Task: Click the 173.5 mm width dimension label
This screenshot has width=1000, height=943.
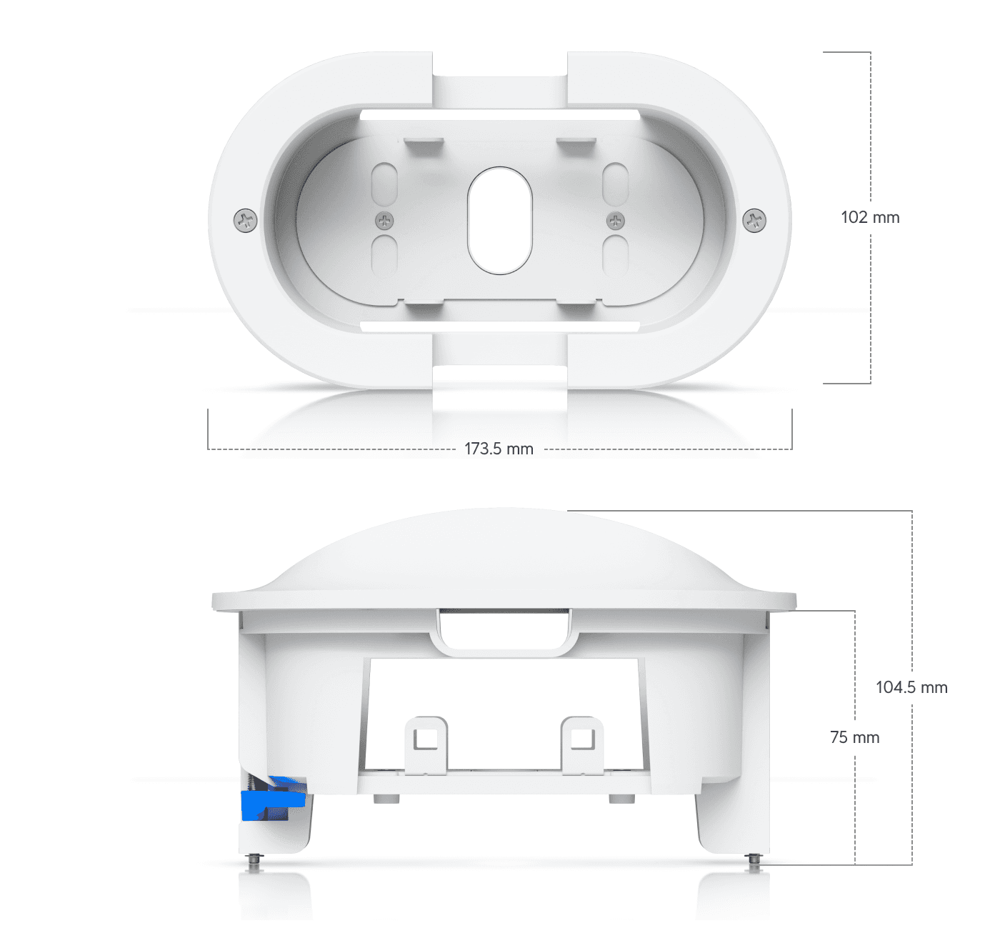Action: (499, 449)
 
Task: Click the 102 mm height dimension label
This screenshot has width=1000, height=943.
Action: (870, 218)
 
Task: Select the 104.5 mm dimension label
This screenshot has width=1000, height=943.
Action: (911, 687)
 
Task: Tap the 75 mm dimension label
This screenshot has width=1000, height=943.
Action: (854, 737)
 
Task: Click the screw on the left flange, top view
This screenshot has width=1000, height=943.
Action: (246, 220)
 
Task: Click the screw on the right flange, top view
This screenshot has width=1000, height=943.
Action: (754, 220)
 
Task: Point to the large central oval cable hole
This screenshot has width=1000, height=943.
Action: (500, 220)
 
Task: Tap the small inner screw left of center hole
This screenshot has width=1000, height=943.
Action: (384, 221)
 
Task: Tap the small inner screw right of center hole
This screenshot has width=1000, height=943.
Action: (615, 221)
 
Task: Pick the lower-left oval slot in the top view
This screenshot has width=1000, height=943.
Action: (384, 256)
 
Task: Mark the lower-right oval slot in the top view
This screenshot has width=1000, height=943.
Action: (615, 256)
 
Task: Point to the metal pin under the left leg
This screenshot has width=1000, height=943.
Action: (254, 862)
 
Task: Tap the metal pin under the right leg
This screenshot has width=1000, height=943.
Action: (754, 862)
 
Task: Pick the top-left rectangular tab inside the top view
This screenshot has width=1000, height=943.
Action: (424, 146)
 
